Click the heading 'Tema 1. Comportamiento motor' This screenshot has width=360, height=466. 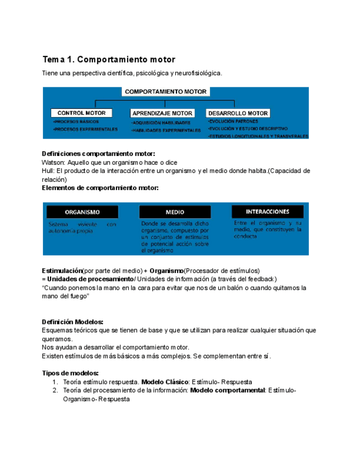108,59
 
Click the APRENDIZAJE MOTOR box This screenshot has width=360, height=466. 162,113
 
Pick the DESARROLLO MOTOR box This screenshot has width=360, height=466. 238,113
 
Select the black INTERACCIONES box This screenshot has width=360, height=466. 268,211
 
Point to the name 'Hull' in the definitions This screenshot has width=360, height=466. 48,171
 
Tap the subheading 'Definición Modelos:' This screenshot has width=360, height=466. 73,322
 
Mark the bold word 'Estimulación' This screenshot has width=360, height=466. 62,271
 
